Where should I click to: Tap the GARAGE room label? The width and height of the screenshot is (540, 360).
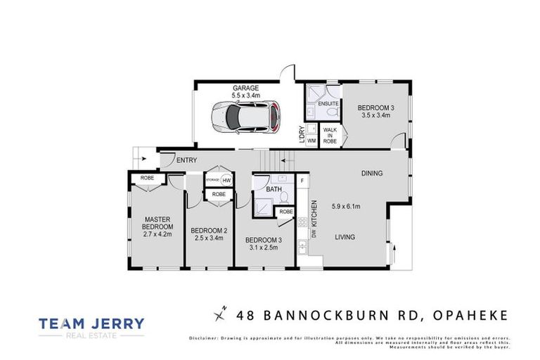pos(246,88)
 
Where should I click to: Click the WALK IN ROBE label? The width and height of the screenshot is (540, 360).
pos(329,135)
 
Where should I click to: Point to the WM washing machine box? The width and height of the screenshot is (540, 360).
pos(311,141)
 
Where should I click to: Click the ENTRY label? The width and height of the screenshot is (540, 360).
pos(186,160)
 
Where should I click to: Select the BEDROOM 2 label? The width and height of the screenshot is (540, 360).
pos(209,231)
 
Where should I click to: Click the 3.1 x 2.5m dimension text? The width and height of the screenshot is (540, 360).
pos(262,247)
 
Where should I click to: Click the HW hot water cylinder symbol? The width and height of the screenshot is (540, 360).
pos(226,180)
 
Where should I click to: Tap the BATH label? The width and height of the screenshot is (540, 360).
pos(274,189)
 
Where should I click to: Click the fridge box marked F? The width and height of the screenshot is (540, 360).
pos(302,181)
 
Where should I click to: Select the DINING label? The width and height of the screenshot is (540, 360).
pos(373,173)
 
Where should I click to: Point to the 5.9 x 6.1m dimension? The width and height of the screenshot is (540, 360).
pos(345,206)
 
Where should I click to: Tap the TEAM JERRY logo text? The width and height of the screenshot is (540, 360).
pos(91,324)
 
